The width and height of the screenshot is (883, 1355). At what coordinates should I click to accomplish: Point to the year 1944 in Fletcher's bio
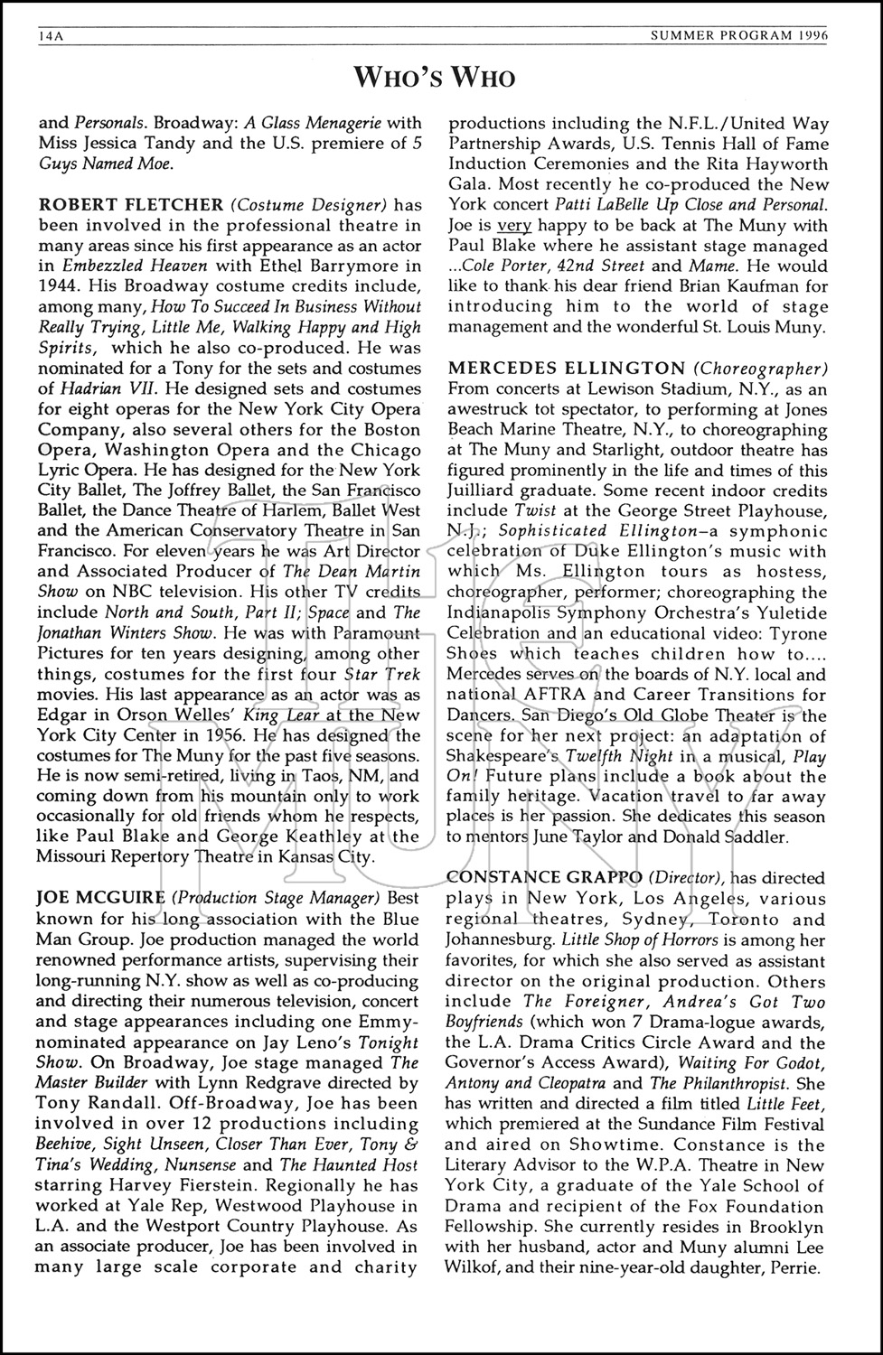click(x=59, y=285)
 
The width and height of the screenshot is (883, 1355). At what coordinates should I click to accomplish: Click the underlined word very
click(x=515, y=226)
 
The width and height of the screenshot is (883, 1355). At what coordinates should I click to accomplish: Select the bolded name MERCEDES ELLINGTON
click(x=566, y=368)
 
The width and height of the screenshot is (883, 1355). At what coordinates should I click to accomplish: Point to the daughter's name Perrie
click(x=794, y=1267)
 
